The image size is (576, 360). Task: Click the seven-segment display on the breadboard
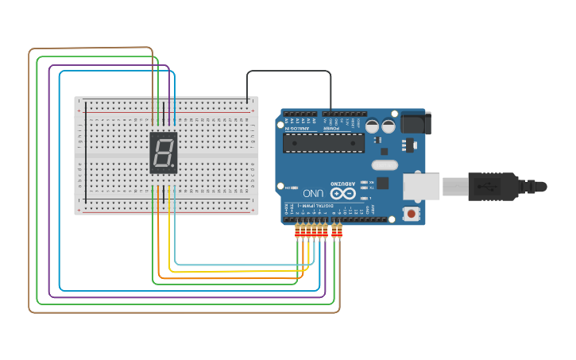pyautogui.click(x=164, y=153)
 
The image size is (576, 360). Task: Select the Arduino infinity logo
pyautogui.click(x=343, y=192)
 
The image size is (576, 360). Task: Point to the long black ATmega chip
pyautogui.click(x=324, y=142)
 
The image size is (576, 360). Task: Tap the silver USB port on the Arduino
pyautogui.click(x=421, y=187)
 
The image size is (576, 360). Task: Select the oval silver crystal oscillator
pyautogui.click(x=384, y=165)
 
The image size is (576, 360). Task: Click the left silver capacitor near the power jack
pyautogui.click(x=372, y=126)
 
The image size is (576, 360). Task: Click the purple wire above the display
pyautogui.click(x=168, y=103)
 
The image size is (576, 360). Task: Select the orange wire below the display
pyautogui.click(x=158, y=199)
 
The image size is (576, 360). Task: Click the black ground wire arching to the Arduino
pyautogui.click(x=286, y=71)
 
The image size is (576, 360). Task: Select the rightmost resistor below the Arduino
pyautogui.click(x=340, y=231)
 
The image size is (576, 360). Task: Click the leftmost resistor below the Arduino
pyautogui.click(x=298, y=231)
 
